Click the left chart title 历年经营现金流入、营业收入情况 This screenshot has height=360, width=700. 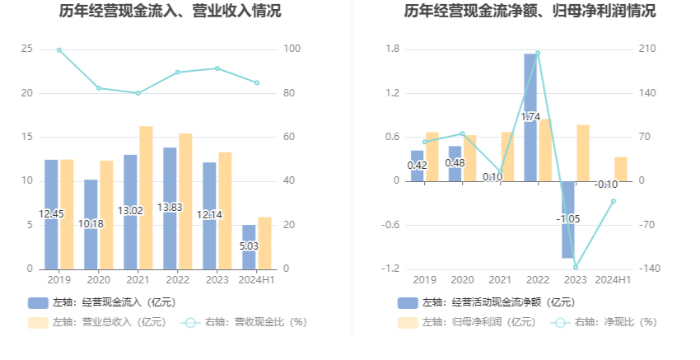click(x=170, y=12)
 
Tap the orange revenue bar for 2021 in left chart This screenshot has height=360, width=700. click(x=146, y=198)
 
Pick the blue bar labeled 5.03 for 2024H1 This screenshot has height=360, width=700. click(x=249, y=246)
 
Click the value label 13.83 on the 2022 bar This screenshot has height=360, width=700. click(x=170, y=208)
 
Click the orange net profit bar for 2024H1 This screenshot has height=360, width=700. click(x=620, y=169)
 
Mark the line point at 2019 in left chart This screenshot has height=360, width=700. click(x=59, y=50)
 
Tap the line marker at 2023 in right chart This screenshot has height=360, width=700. click(x=575, y=267)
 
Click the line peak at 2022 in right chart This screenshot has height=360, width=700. click(x=538, y=53)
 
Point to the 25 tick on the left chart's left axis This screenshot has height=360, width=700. click(x=27, y=49)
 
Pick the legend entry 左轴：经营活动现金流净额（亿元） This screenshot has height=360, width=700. click(x=486, y=302)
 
